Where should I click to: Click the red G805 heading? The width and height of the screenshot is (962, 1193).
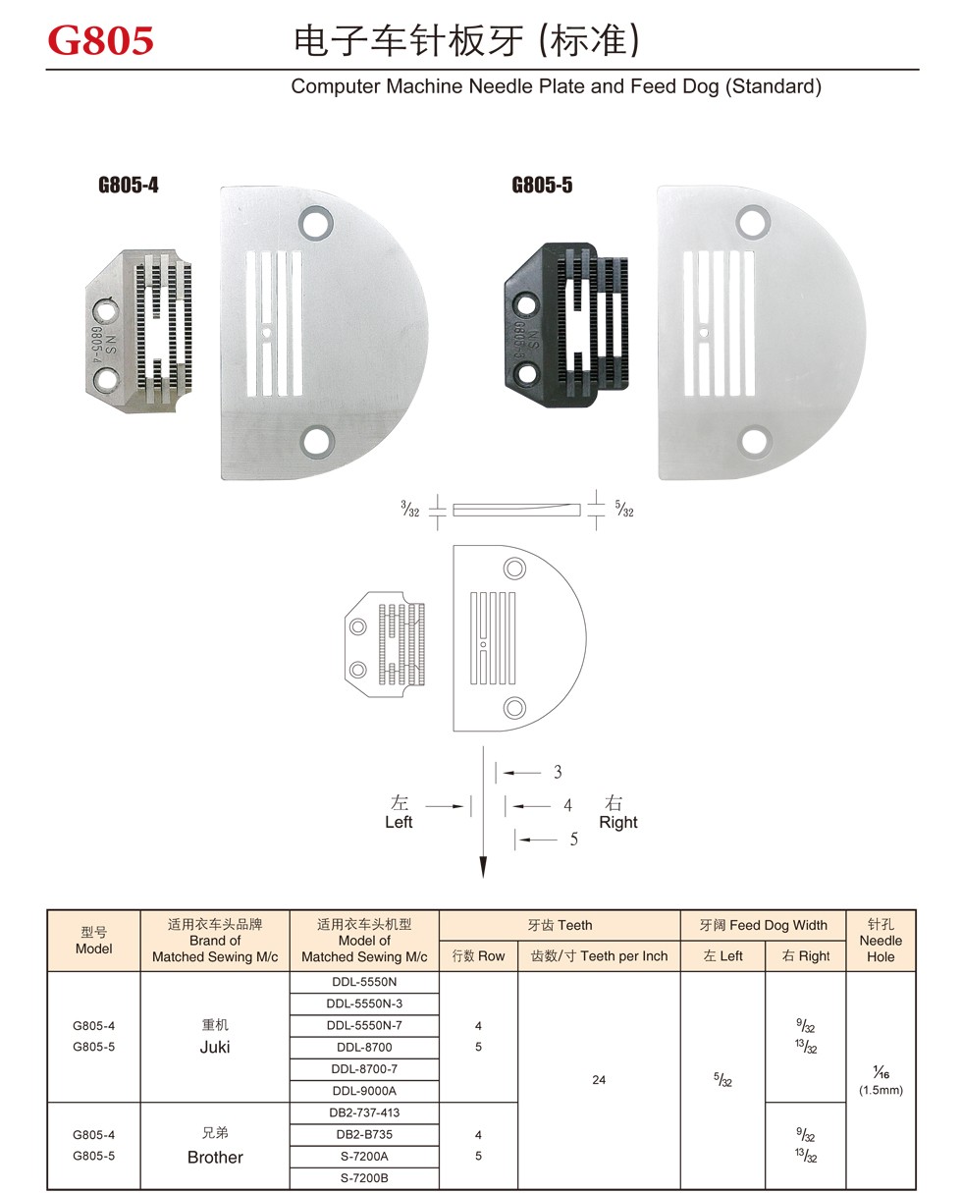(100, 40)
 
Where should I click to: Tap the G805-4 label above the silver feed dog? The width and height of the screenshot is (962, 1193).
(129, 185)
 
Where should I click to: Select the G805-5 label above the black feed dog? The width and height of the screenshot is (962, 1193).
(542, 185)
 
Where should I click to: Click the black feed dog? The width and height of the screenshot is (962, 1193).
(566, 325)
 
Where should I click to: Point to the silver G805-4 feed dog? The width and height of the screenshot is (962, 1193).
(139, 331)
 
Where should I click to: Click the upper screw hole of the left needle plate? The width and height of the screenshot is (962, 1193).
(316, 223)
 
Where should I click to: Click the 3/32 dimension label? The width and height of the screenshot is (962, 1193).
(410, 509)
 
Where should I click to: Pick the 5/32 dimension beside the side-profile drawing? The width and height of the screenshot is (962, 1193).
(624, 509)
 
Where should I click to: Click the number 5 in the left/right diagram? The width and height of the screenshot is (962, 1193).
(574, 840)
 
